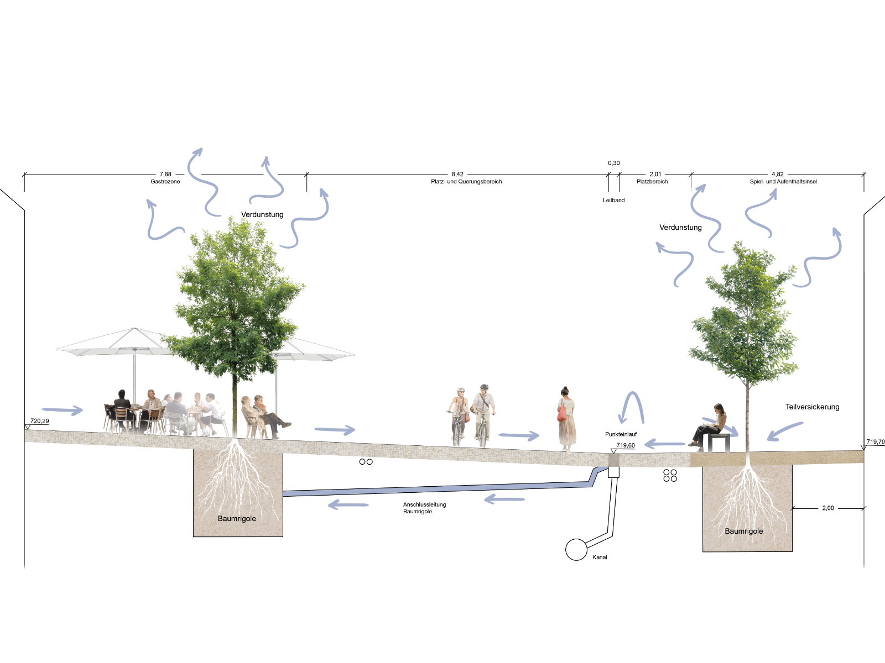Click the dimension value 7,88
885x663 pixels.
pyautogui.click(x=165, y=174)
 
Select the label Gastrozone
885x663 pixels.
pyautogui.click(x=165, y=182)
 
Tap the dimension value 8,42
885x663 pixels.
pyautogui.click(x=457, y=174)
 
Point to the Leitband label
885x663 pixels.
pyautogui.click(x=613, y=200)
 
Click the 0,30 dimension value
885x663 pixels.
pyautogui.click(x=613, y=163)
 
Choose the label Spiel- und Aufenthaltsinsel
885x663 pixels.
pyautogui.click(x=783, y=182)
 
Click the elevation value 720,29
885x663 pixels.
pyautogui.click(x=39, y=421)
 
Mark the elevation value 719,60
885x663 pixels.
pyautogui.click(x=626, y=445)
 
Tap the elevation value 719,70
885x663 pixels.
pyautogui.click(x=876, y=441)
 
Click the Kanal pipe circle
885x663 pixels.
pyautogui.click(x=576, y=550)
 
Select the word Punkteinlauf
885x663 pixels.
pyautogui.click(x=621, y=434)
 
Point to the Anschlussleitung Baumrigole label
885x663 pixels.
pyautogui.click(x=425, y=508)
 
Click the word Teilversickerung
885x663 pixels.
pyautogui.click(x=812, y=407)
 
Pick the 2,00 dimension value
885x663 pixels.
pyautogui.click(x=827, y=508)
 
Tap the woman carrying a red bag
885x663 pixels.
pyautogui.click(x=566, y=419)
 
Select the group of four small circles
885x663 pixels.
pyautogui.click(x=670, y=475)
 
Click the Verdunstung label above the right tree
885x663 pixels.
pyautogui.click(x=680, y=228)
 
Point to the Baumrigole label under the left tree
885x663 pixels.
pyautogui.click(x=237, y=518)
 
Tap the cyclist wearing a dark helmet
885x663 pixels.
pyautogui.click(x=484, y=414)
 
